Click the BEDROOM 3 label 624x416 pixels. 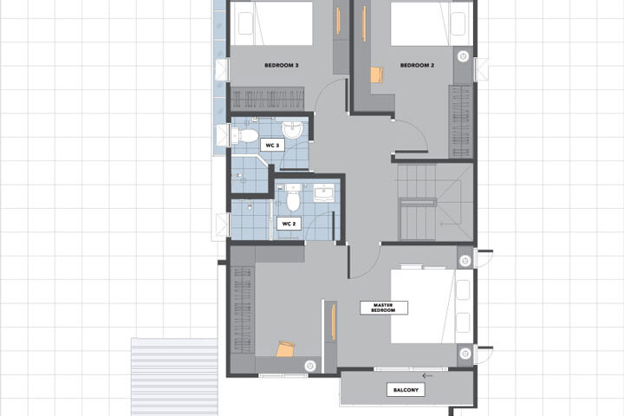[282, 65]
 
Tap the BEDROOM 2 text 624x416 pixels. [417, 65]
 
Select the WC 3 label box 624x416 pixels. [272, 146]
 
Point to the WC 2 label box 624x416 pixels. [289, 224]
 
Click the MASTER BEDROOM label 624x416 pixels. [384, 308]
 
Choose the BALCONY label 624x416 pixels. [406, 390]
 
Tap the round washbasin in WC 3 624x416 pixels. [293, 130]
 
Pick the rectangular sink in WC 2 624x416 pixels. [323, 193]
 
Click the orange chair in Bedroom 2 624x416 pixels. [376, 75]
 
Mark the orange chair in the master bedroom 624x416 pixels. [286, 348]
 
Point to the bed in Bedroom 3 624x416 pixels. [271, 23]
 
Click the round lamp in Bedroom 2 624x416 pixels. [463, 56]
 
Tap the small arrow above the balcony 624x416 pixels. [427, 375]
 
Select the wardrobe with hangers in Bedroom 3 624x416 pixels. [268, 99]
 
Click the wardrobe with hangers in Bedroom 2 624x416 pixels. [461, 121]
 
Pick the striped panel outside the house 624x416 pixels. [175, 377]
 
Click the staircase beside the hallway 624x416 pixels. [435, 202]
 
